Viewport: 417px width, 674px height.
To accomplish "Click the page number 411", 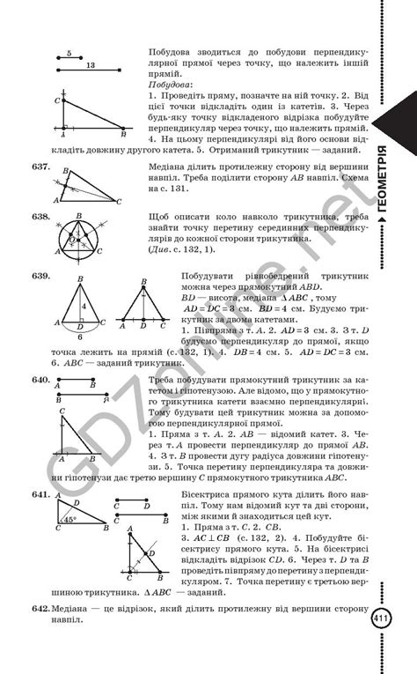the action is pyautogui.click(x=381, y=619).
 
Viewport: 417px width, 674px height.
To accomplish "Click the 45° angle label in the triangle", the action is pyautogui.click(x=68, y=518).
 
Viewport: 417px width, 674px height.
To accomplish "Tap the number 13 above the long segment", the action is pyautogui.click(x=91, y=65).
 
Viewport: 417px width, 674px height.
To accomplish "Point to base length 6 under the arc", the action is pyautogui.click(x=82, y=336).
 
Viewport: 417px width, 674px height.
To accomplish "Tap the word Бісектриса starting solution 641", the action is pyautogui.click(x=200, y=497).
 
